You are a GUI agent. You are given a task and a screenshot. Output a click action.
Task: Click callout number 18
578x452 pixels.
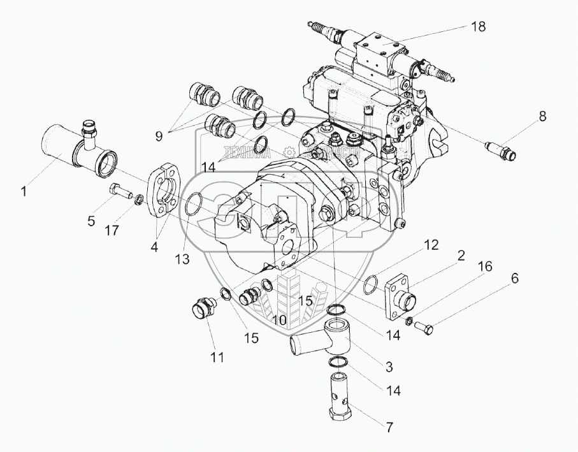(x=477, y=26)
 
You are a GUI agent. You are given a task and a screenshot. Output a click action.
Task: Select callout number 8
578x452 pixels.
(x=542, y=116)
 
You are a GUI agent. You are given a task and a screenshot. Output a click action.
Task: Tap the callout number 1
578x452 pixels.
(x=24, y=190)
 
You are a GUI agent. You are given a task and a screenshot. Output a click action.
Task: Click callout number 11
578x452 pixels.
(x=218, y=358)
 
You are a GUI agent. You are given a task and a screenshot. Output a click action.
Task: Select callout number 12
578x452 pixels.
(x=432, y=244)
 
